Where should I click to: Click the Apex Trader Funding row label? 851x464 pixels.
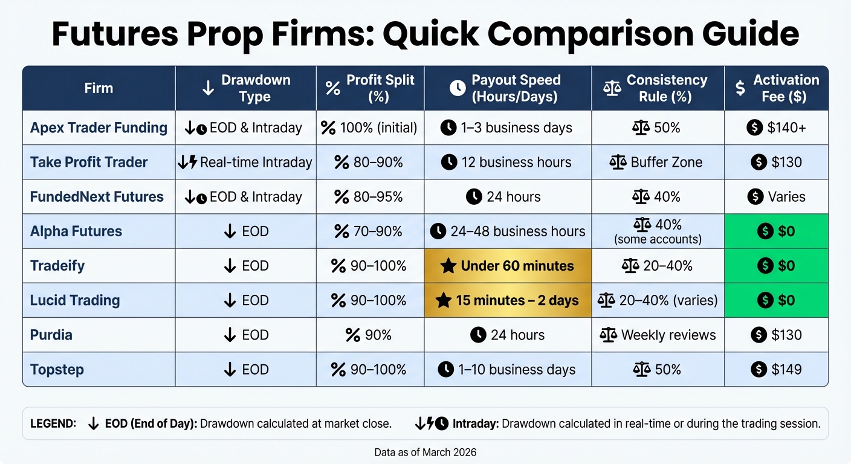tap(99, 127)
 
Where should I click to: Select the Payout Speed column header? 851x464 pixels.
tap(508, 88)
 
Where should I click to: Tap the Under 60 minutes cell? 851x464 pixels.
tap(508, 266)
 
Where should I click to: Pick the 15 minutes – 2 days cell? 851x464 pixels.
tap(508, 300)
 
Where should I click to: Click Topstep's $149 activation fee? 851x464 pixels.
tap(776, 369)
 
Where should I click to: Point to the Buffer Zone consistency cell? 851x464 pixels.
tap(658, 162)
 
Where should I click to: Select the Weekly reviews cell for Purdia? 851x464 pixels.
tap(658, 335)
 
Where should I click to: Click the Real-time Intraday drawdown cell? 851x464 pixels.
tap(245, 162)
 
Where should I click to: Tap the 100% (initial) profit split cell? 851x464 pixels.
tap(369, 127)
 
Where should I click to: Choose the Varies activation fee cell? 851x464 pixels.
tap(776, 196)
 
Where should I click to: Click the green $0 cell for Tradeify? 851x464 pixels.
tap(776, 266)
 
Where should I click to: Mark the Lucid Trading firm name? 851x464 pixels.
tap(75, 300)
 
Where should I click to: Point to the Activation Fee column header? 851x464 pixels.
tap(776, 88)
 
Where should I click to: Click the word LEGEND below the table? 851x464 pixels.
tap(53, 424)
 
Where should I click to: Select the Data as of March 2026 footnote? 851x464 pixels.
tap(425, 451)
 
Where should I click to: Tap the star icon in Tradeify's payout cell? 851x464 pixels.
tap(448, 266)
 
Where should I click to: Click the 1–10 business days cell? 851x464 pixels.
tap(508, 369)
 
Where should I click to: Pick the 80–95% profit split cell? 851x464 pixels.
tap(369, 196)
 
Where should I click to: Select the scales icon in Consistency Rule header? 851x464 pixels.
tap(612, 88)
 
